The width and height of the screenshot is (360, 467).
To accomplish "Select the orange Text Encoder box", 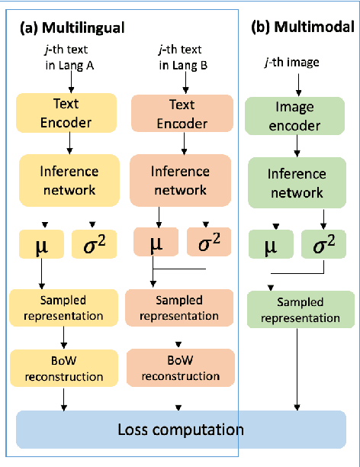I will pyautogui.click(x=182, y=112).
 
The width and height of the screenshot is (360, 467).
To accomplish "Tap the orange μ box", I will pyautogui.click(x=156, y=243).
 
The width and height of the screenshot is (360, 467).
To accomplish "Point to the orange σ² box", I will pyautogui.click(x=209, y=243).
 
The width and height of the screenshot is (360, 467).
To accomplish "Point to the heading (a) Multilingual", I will pyautogui.click(x=73, y=27).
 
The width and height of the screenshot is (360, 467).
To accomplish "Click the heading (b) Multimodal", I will pyautogui.click(x=302, y=27).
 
